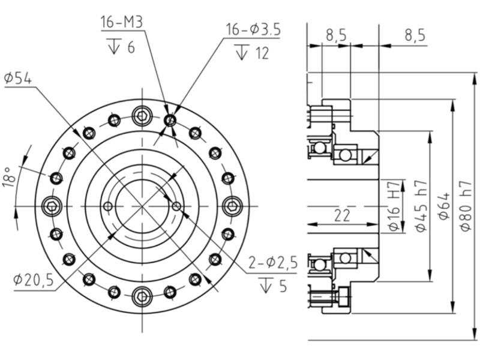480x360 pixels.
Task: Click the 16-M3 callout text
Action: (122, 22)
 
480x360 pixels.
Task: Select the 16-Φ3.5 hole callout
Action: (253, 29)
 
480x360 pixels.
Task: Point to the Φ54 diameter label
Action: (18, 79)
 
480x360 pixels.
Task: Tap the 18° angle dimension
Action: (9, 177)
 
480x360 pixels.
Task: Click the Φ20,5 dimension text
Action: (34, 280)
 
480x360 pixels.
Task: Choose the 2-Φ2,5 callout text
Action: (273, 263)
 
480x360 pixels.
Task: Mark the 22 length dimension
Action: (342, 215)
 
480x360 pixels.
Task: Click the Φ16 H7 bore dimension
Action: (394, 205)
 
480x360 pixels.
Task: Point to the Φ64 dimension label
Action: (444, 206)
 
